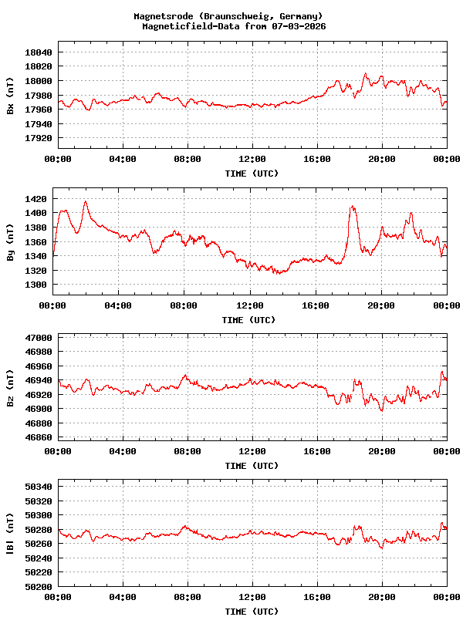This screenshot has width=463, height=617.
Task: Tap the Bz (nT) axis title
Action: [x=10, y=388]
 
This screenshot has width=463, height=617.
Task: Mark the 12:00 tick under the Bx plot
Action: [x=252, y=159]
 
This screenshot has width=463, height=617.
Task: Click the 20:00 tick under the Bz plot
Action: [x=382, y=451]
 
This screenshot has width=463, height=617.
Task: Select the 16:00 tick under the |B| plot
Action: [x=317, y=597]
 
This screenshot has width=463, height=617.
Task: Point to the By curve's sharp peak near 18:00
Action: [x=353, y=206]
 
